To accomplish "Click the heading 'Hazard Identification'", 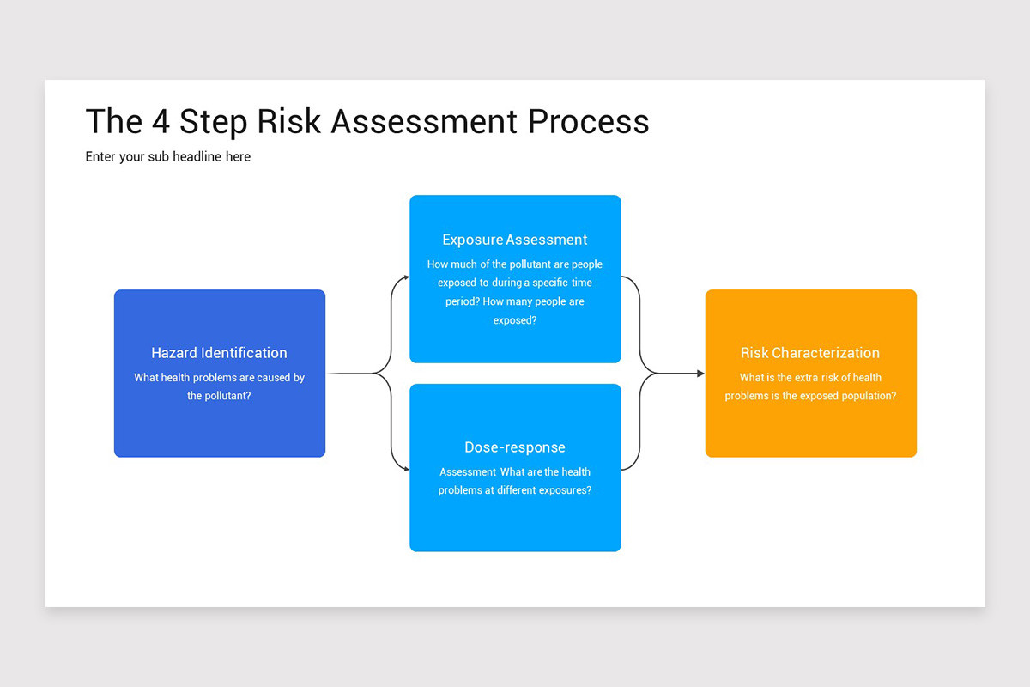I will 219,353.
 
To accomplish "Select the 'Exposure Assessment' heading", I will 515,240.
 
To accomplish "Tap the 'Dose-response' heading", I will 515,447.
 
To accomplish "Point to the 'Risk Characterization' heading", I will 810,353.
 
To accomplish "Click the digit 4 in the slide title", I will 160,121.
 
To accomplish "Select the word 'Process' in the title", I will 589,121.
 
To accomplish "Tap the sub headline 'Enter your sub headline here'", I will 168,157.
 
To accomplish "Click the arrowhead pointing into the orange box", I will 700,374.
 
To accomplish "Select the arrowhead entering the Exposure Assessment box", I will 406,277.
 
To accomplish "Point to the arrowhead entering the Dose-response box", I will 406,470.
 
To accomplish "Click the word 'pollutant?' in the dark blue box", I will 219,396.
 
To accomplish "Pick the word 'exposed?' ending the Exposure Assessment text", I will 515,320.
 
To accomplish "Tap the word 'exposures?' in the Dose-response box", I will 562,490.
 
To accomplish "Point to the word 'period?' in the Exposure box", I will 462,301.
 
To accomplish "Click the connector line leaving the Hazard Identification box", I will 352,374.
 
